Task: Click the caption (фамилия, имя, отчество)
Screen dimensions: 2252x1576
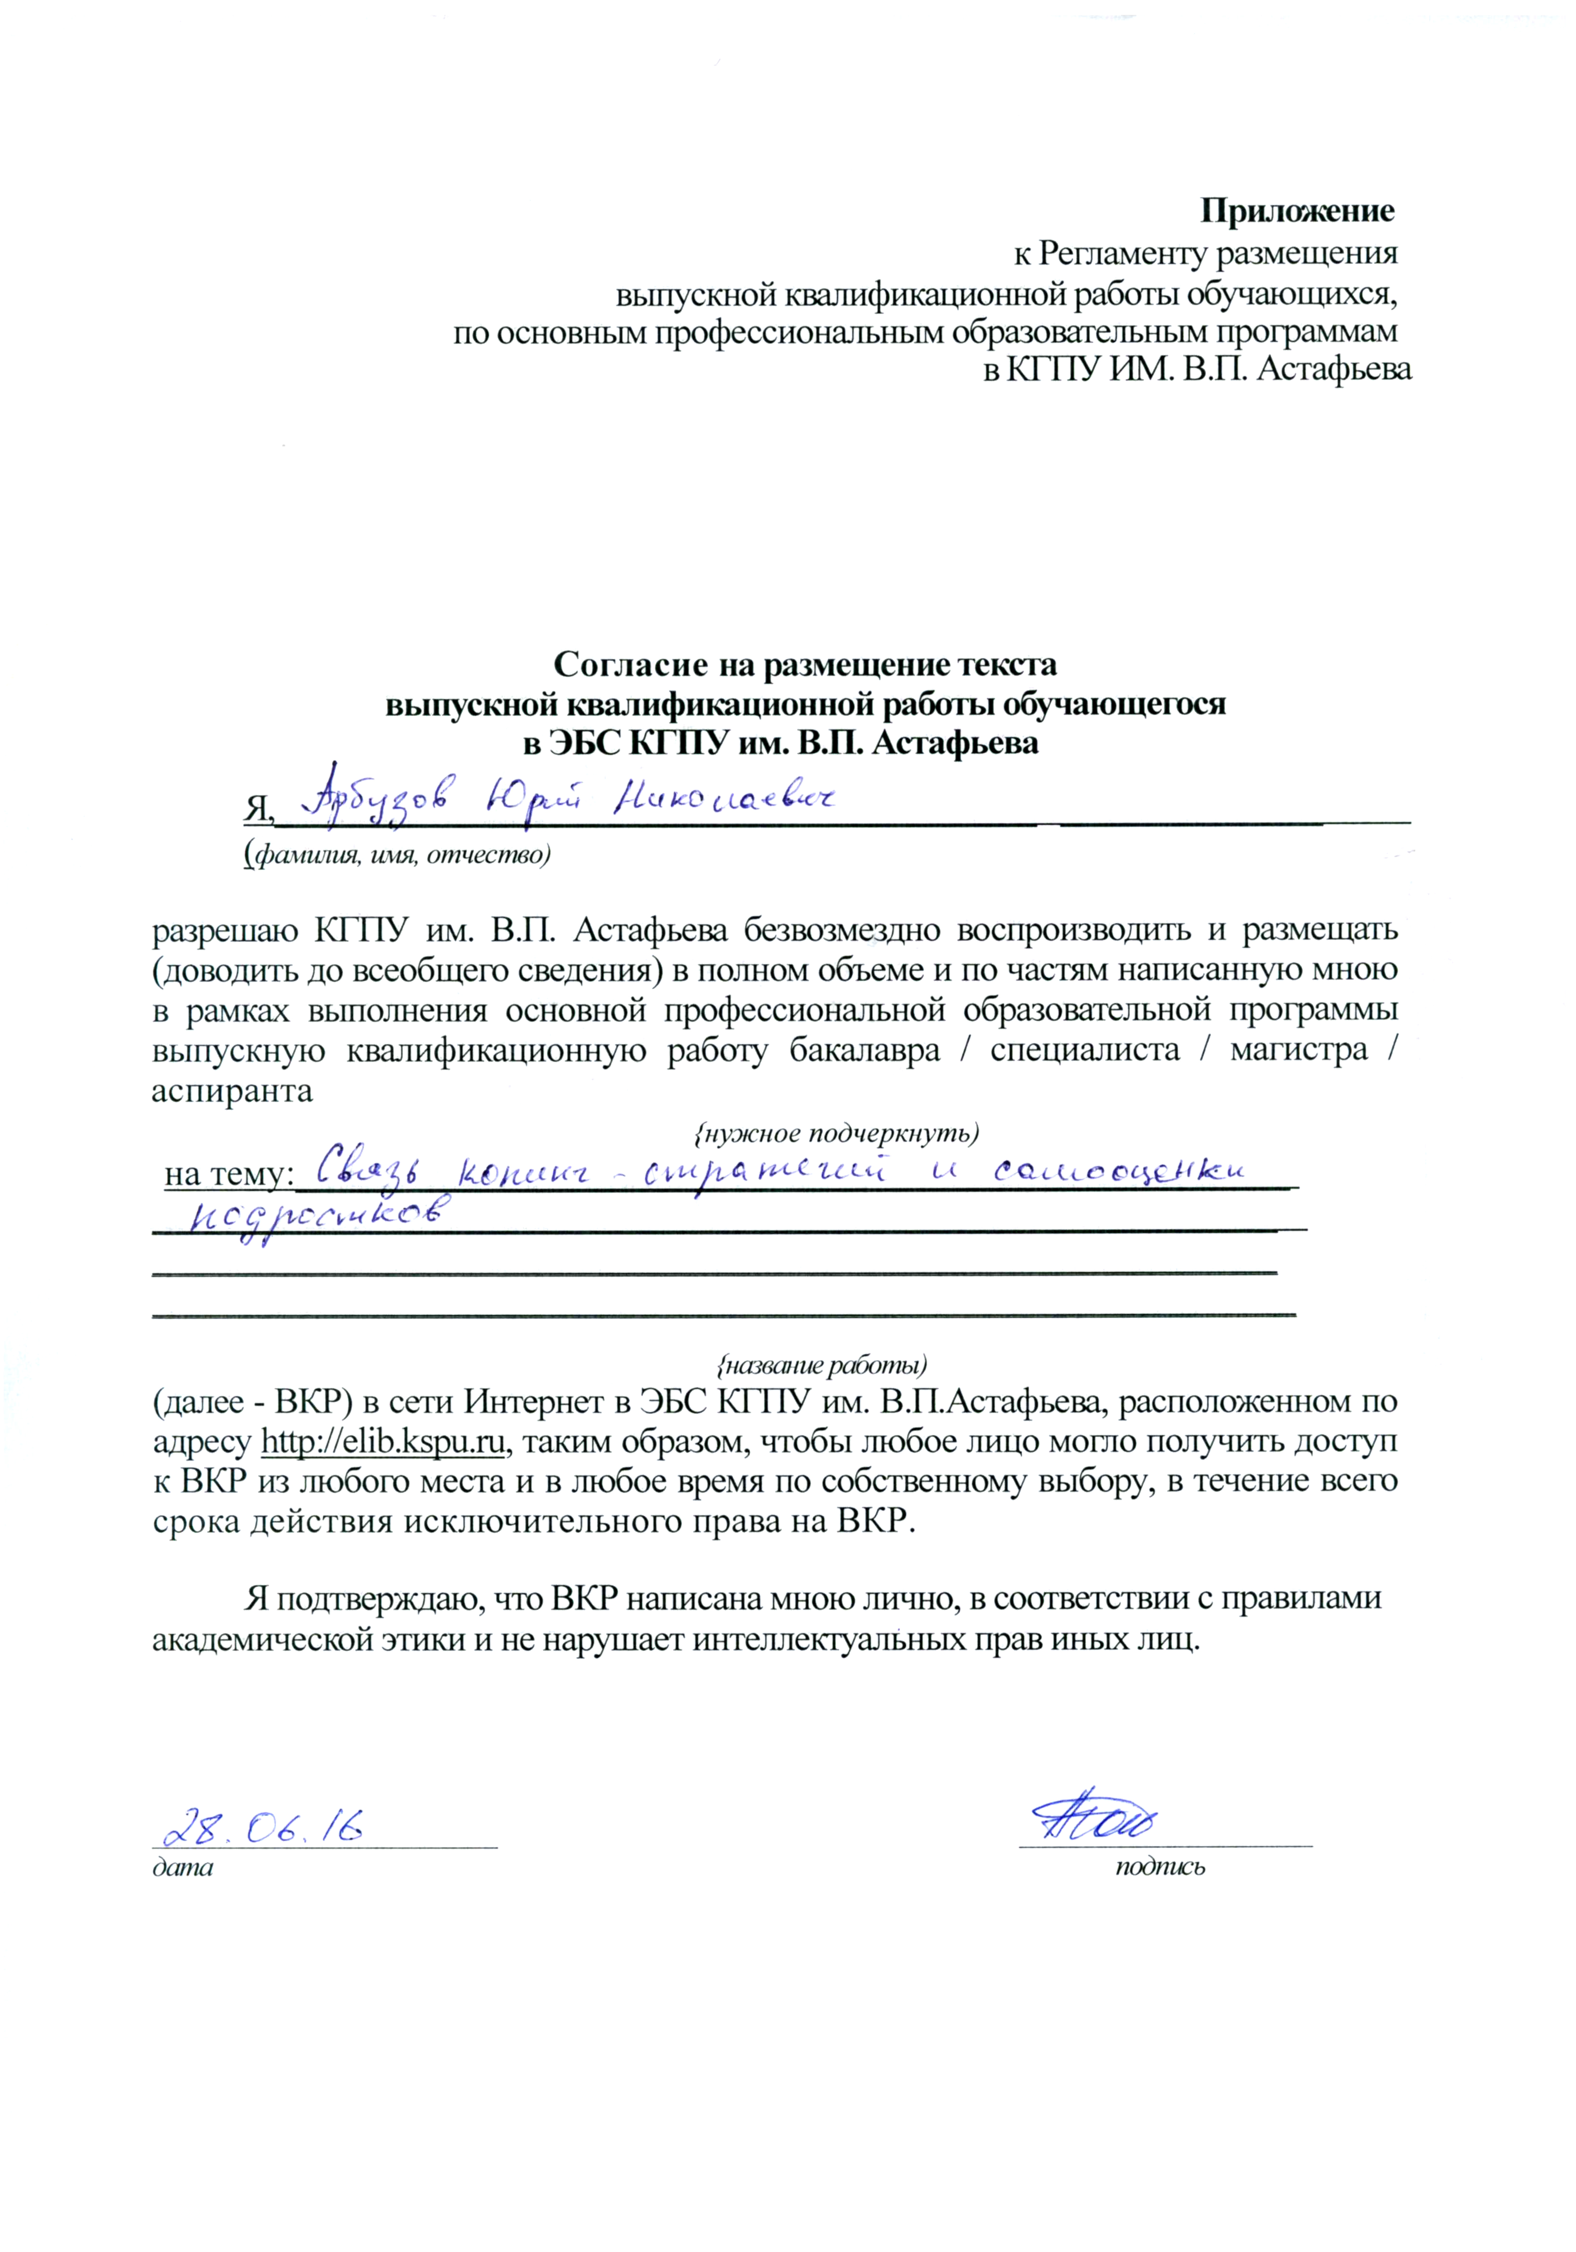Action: (397, 854)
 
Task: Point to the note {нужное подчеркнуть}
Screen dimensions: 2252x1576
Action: (835, 1133)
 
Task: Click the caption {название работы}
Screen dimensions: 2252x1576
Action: (822, 1364)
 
